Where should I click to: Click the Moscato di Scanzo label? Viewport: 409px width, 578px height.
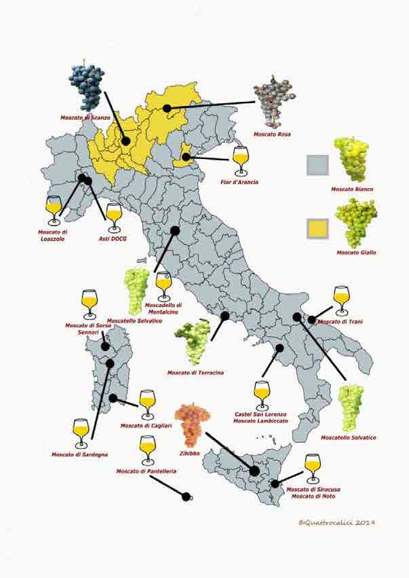(x=85, y=118)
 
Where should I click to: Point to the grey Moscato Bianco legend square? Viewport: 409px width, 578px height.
(x=317, y=165)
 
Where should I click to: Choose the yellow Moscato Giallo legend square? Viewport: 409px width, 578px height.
(x=317, y=229)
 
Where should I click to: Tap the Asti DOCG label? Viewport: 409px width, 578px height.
(x=113, y=239)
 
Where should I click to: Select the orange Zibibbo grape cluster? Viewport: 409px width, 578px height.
(x=192, y=422)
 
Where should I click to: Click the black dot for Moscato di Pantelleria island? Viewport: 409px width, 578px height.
(x=187, y=496)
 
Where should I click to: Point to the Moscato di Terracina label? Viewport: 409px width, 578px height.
(x=195, y=372)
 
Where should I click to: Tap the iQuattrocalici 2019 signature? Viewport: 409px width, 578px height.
(x=336, y=522)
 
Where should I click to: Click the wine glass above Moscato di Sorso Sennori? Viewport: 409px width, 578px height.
(x=89, y=304)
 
